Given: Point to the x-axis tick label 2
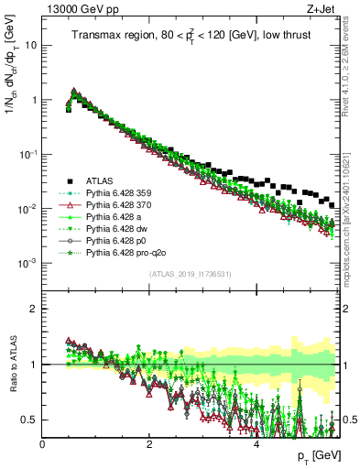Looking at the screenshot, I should click(x=149, y=444).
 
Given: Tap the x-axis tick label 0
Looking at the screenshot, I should click(x=43, y=444).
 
